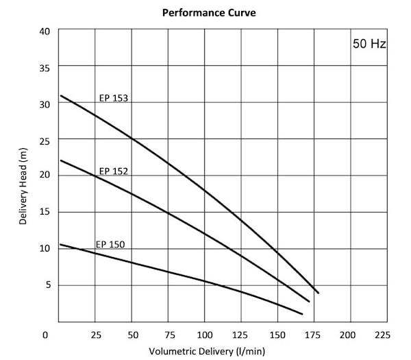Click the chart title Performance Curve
coord(209,12)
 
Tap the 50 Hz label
coord(370,45)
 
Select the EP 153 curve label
coord(114,98)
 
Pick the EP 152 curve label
coord(114,171)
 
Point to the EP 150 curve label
coord(110,243)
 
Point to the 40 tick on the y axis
coord(45,32)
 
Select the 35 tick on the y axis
coord(45,68)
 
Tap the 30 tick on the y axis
coord(45,104)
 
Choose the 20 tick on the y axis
coord(45,176)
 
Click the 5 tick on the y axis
coord(47,285)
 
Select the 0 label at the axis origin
coord(45,335)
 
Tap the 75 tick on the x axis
coord(169,335)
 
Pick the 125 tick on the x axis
coord(241,335)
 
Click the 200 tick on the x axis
coord(348,335)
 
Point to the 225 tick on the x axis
coord(383,335)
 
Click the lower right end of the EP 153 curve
coord(319,293)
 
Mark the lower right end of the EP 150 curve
coord(302,314)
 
